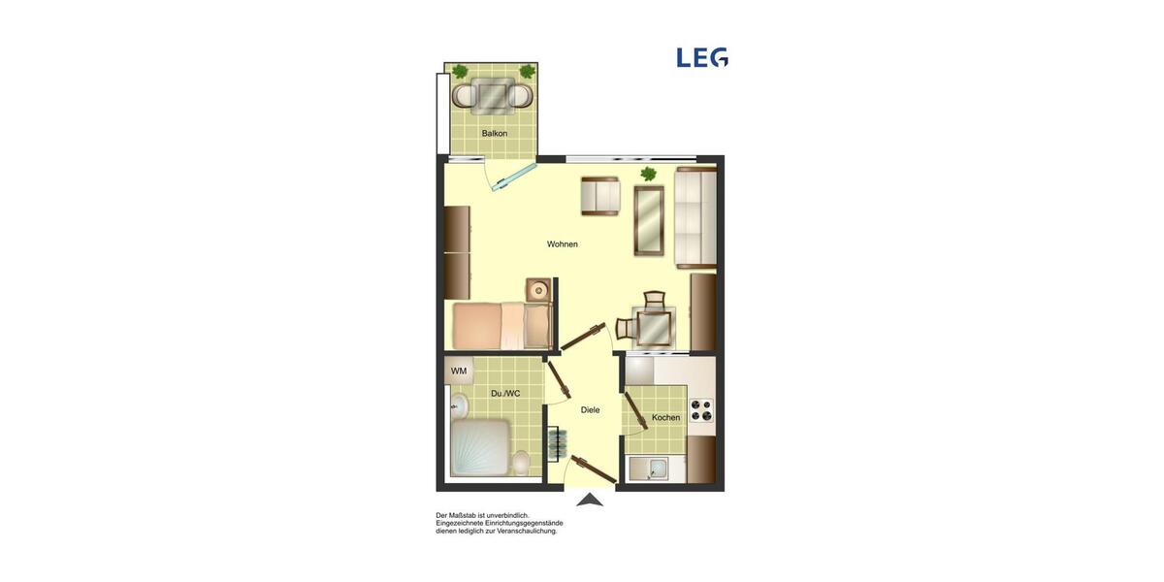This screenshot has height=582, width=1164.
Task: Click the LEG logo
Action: [702, 57]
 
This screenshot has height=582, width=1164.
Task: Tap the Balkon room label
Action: [495, 133]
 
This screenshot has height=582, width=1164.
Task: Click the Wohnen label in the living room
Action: [563, 243]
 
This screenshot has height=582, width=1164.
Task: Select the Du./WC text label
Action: [505, 393]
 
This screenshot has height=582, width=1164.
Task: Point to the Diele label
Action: [590, 409]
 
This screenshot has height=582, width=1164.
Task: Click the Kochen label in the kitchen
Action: [665, 417]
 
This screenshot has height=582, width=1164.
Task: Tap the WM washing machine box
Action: [459, 371]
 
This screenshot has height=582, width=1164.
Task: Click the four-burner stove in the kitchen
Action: [701, 410]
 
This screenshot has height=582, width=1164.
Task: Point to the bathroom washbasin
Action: [459, 404]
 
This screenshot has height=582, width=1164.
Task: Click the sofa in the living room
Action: [695, 216]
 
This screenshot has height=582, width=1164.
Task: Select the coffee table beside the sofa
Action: [648, 220]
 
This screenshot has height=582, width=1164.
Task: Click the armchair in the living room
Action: [600, 196]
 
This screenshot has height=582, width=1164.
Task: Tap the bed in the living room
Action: [500, 325]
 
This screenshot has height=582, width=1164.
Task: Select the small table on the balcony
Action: [494, 95]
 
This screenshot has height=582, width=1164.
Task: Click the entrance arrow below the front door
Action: [590, 500]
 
